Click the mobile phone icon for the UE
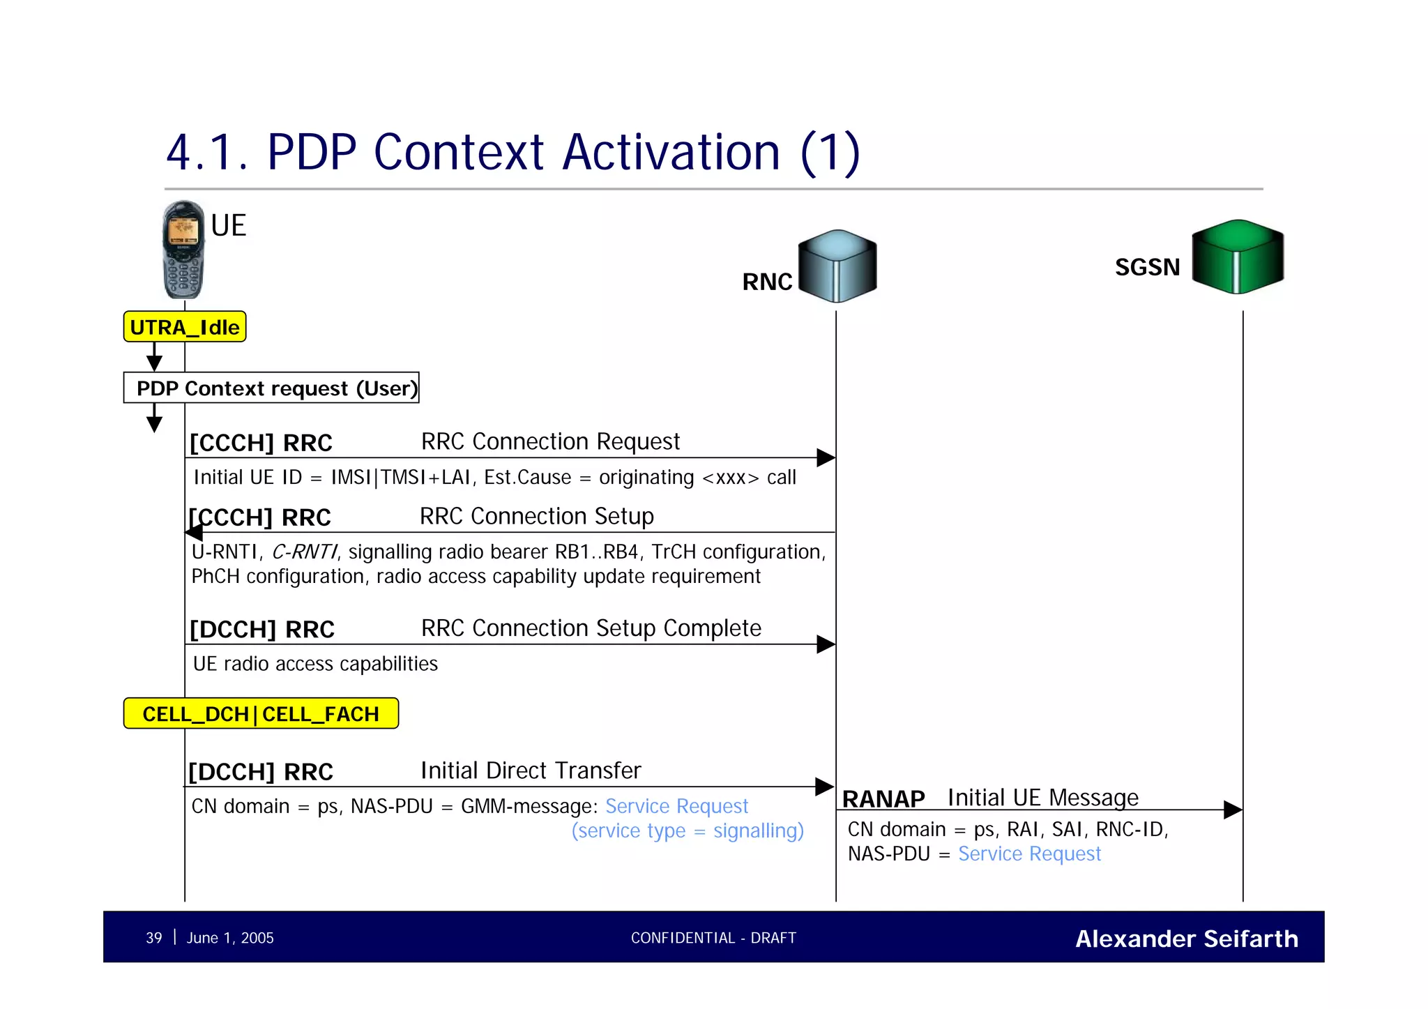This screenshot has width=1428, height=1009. pyautogui.click(x=184, y=250)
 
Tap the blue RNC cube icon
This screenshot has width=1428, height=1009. pyautogui.click(x=837, y=266)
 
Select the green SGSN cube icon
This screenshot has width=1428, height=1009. pyautogui.click(x=1238, y=257)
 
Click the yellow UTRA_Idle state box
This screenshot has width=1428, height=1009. pyautogui.click(x=185, y=327)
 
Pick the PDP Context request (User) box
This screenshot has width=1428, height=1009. pyautogui.click(x=271, y=388)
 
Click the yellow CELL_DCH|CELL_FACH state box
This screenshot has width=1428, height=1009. pyautogui.click(x=261, y=713)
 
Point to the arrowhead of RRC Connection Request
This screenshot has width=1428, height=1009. pyautogui.click(x=826, y=457)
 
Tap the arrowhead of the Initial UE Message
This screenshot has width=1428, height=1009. pyautogui.click(x=1233, y=810)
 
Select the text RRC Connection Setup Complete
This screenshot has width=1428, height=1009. pyautogui.click(x=591, y=628)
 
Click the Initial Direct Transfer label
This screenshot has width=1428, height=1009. pyautogui.click(x=530, y=771)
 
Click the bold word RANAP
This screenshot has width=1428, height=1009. pyautogui.click(x=883, y=798)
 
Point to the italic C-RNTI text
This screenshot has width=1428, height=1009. pyautogui.click(x=304, y=552)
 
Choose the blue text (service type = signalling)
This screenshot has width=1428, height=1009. pyautogui.click(x=688, y=830)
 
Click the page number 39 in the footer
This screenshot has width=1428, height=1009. pyautogui.click(x=153, y=938)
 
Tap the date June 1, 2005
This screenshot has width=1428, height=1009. pyautogui.click(x=230, y=938)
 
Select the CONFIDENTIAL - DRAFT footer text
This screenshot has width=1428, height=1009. pyautogui.click(x=713, y=938)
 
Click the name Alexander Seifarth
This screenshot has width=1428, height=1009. pyautogui.click(x=1186, y=939)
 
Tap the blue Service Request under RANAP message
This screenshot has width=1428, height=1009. pyautogui.click(x=1029, y=854)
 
